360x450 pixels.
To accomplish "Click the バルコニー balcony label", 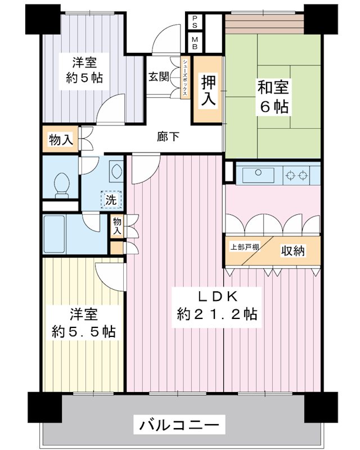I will (179, 424).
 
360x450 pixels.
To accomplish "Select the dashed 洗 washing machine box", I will (111, 199).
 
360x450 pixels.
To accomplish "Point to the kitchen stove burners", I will (297, 174).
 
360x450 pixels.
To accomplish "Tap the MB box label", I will (195, 43).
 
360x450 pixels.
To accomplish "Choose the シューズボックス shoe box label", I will (184, 78).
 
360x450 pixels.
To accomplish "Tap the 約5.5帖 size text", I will (85, 331).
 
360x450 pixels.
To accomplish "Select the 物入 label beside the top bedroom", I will (61, 140).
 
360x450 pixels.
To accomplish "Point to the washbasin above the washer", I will (116, 170).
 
